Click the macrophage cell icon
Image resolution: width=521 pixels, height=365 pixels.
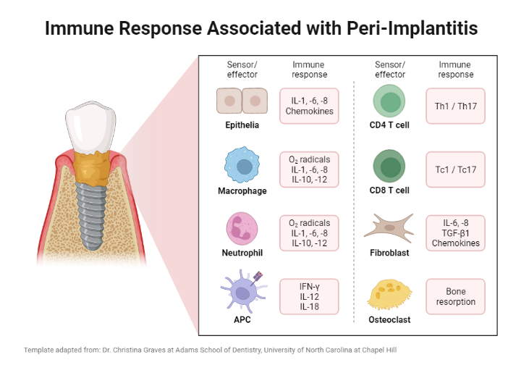tap(242, 167)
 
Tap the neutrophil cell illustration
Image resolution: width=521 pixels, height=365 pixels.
tap(242, 228)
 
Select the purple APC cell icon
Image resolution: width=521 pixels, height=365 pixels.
tap(241, 290)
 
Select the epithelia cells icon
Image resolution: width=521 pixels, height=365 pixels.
tap(242, 102)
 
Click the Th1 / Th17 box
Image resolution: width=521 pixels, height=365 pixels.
tap(455, 105)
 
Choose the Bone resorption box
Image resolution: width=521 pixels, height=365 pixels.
tap(455, 296)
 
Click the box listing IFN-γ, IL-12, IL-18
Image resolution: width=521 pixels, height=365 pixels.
tap(309, 296)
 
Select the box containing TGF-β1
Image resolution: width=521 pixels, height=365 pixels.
tap(455, 233)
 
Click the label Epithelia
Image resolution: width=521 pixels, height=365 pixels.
tap(242, 125)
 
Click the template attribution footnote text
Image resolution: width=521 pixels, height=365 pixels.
tap(210, 349)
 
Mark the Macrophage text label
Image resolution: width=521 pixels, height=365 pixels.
tap(242, 191)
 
